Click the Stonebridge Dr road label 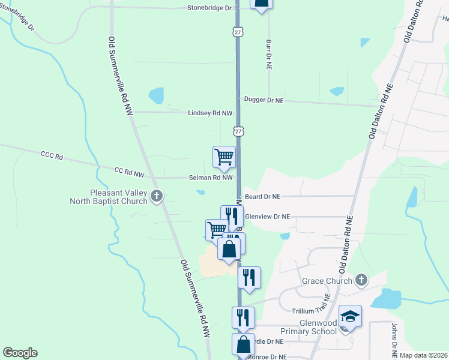coord(209,8)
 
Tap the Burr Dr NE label coord(268,53)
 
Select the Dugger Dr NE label coord(263,100)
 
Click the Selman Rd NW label coord(211,177)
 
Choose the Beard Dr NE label coord(262,196)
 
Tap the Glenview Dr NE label coord(268,217)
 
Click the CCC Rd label coord(52,156)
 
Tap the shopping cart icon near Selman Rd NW coord(224,157)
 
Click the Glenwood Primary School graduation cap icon coord(350,316)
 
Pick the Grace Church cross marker coord(361,280)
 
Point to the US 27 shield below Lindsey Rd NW coord(238,131)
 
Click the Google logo coord(20,353)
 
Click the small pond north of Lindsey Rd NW coord(156,95)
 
